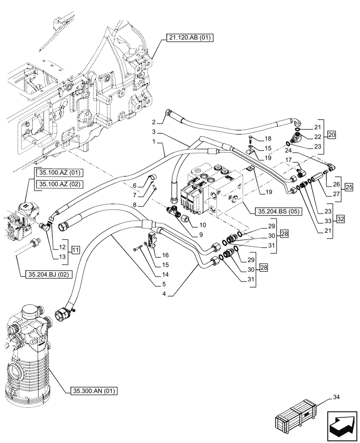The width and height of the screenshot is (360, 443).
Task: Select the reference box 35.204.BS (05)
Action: tap(279, 211)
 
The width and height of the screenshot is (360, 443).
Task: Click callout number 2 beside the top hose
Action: tap(153, 122)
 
